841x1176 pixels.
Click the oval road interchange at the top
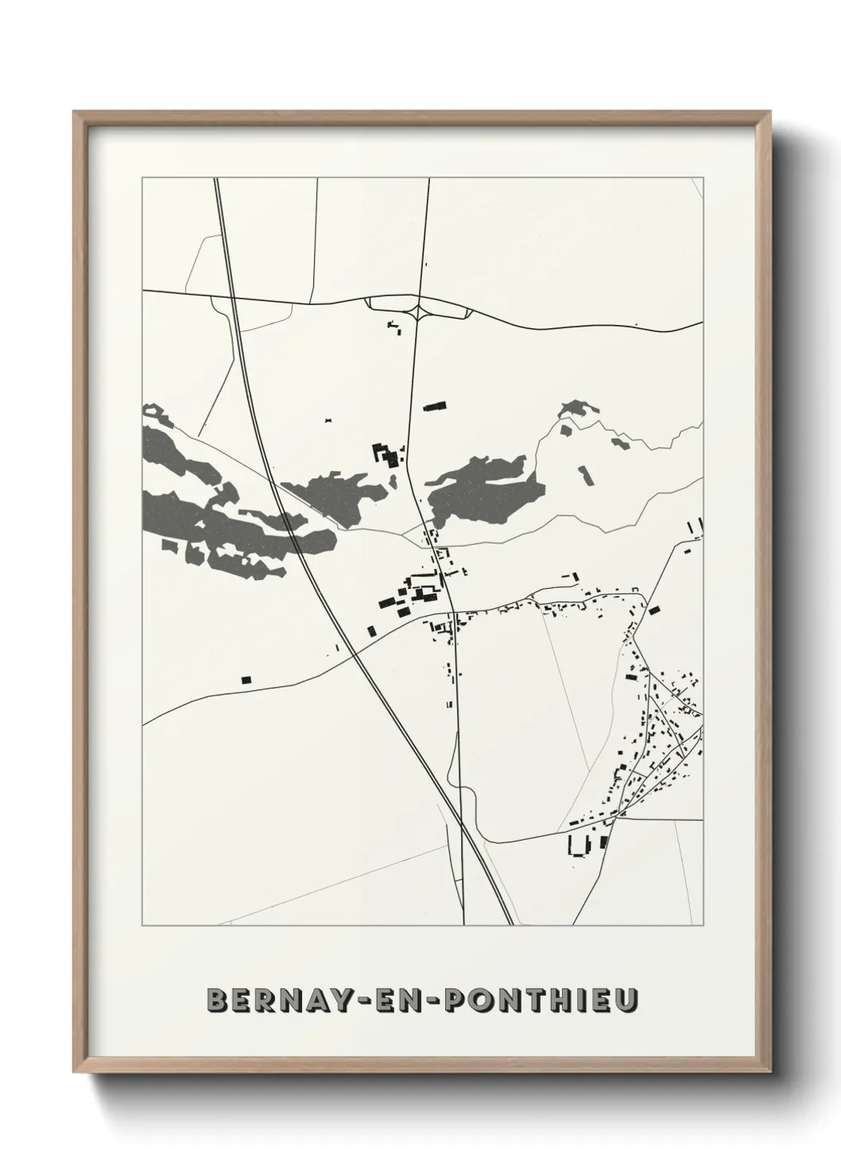point(418,307)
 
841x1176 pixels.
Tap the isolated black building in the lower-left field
point(246,679)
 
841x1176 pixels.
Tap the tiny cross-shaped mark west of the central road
point(327,419)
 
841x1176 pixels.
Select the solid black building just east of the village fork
point(654,610)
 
